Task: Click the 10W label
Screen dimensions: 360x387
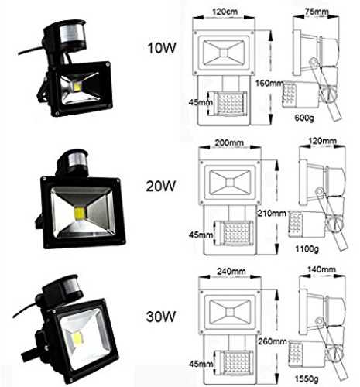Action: click(162, 48)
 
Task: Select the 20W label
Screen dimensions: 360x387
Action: click(161, 186)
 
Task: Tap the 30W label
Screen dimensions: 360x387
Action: click(161, 317)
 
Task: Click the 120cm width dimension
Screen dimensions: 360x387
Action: click(225, 12)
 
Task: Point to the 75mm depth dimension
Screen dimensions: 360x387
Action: click(317, 12)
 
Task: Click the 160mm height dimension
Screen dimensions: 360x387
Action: click(269, 84)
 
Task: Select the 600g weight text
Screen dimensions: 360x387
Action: click(304, 118)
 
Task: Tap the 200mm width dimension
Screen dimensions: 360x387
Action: click(229, 142)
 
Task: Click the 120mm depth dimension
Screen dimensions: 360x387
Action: click(322, 141)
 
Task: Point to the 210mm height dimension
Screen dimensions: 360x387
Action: click(272, 213)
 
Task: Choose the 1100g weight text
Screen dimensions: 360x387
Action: click(307, 249)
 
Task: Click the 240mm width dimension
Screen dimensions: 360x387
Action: click(231, 272)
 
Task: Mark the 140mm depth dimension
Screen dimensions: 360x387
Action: click(321, 269)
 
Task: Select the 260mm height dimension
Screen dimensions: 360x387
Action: click(273, 341)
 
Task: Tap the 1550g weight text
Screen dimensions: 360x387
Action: click(307, 378)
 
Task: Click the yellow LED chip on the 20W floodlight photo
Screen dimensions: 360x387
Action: click(81, 213)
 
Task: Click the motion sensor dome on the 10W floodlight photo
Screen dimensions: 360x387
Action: click(72, 36)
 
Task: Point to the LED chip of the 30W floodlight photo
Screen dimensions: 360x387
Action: click(77, 337)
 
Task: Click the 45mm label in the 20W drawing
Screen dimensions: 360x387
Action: click(201, 235)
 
